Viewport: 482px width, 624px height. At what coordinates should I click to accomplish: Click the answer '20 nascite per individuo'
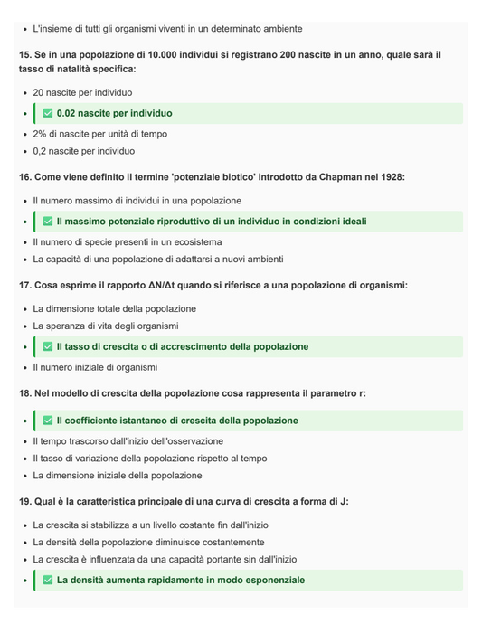[x=82, y=92]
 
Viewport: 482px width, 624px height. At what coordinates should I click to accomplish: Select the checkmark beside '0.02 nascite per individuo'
[x=48, y=113]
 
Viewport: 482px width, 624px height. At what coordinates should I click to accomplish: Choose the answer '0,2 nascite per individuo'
[x=83, y=151]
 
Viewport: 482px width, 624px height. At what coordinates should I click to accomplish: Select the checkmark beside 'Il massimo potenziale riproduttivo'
[x=48, y=221]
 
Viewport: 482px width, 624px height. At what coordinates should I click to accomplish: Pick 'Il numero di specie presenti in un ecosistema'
[x=126, y=241]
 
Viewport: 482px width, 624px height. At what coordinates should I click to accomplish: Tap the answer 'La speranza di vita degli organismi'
[x=106, y=326]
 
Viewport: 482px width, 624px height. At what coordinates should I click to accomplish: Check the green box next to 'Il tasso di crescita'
[x=48, y=346]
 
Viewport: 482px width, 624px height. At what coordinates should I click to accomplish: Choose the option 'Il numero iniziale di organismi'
[x=95, y=367]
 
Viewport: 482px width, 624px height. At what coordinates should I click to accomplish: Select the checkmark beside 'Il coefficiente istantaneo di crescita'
[x=48, y=421]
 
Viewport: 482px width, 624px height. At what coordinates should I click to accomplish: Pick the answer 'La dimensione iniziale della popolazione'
[x=118, y=475]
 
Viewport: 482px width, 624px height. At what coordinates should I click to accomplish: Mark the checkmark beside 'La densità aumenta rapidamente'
[x=48, y=580]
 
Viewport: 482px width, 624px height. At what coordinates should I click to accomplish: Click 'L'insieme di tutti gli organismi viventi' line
[x=167, y=29]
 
